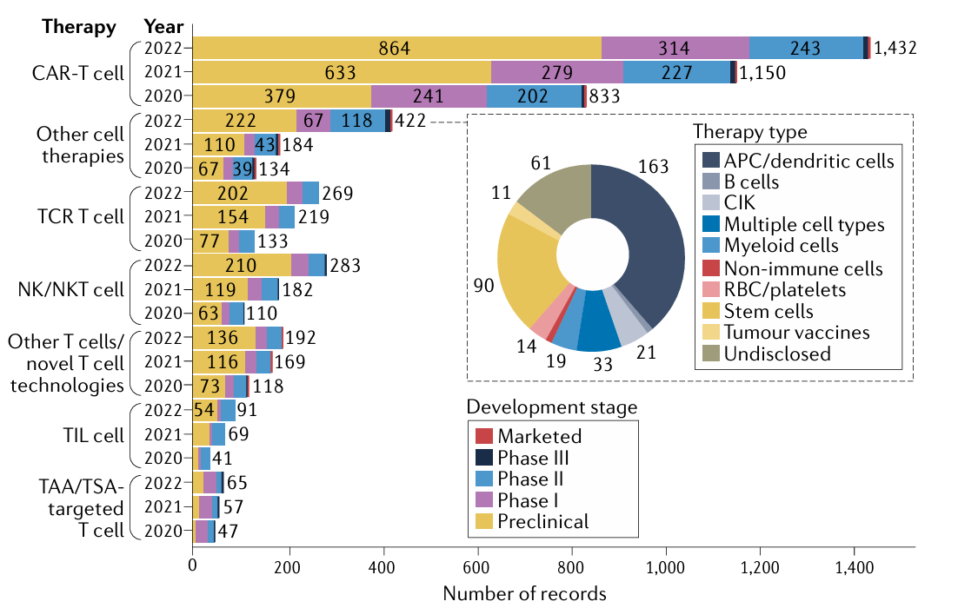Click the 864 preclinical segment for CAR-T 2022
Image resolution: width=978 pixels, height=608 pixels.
click(396, 49)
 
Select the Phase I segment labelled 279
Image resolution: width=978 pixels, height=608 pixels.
click(557, 73)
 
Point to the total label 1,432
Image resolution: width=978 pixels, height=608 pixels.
click(895, 49)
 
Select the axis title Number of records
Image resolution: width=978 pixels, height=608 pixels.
click(524, 593)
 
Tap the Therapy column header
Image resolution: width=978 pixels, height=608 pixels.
click(79, 26)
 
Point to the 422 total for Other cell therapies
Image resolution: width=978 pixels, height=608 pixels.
click(409, 121)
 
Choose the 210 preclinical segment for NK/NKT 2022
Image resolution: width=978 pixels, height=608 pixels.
click(241, 265)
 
